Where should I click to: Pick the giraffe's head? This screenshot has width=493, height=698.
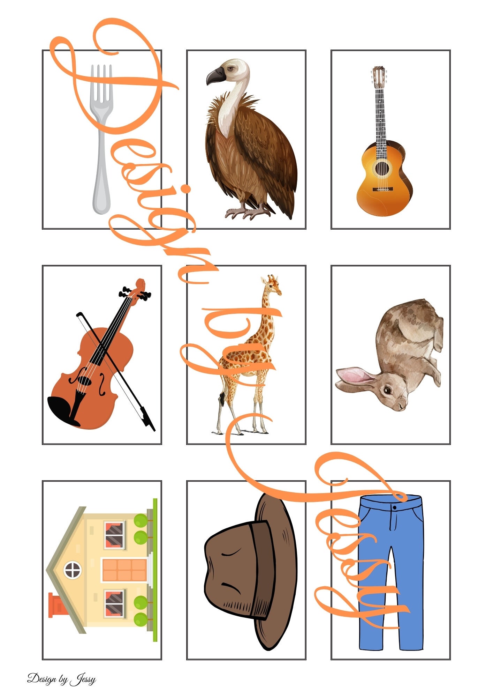point(273,284)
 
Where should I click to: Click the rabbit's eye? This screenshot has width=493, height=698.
point(387,389)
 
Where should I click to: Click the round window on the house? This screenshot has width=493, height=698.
point(73,570)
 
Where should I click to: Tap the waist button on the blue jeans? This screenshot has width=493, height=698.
point(394,507)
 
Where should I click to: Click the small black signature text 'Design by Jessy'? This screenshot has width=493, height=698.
point(61,679)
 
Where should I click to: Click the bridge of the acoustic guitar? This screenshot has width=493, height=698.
point(382,189)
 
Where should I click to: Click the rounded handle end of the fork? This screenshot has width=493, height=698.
point(101,202)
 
